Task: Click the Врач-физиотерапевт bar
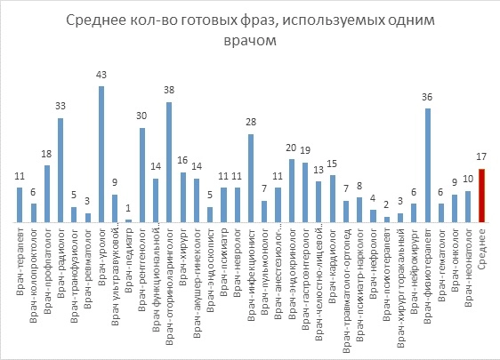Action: tap(428, 165)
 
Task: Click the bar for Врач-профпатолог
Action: tap(47, 194)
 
